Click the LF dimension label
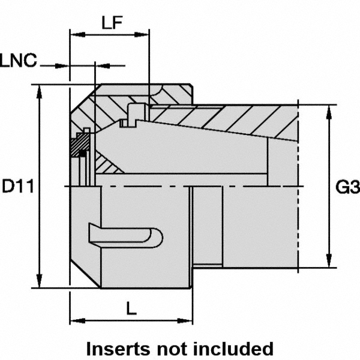tap(112, 24)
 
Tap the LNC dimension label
tap(19, 60)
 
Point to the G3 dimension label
tap(347, 188)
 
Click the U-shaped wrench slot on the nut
tap(126, 235)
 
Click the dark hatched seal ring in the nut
tap(79, 146)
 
